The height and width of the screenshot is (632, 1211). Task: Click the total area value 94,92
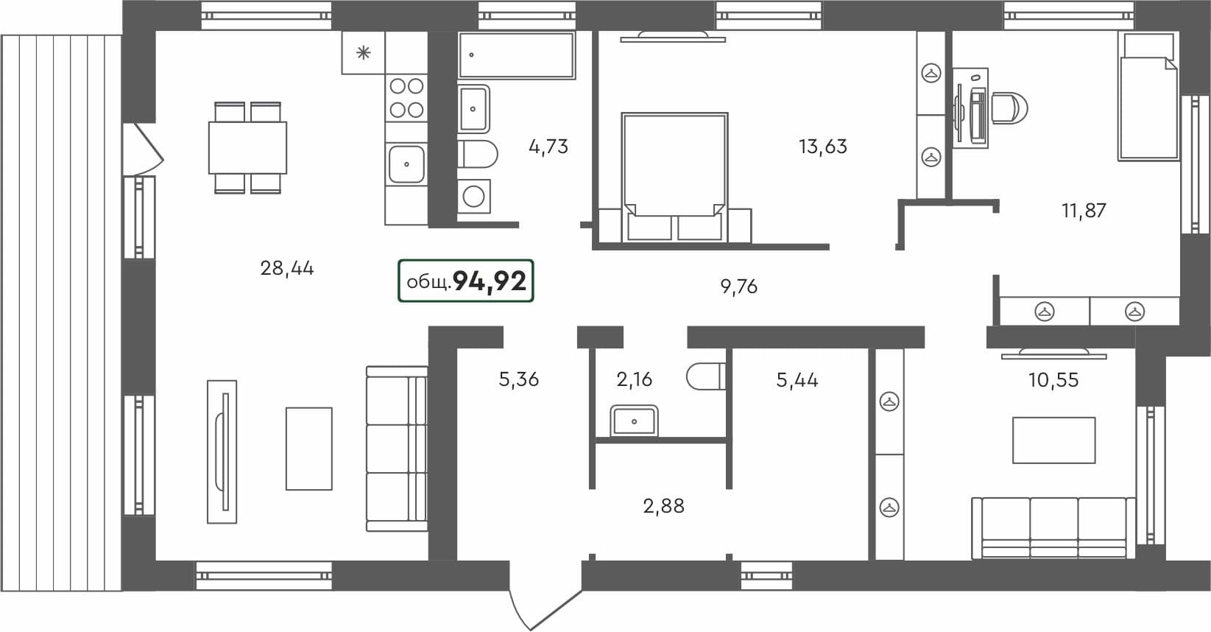[490, 281]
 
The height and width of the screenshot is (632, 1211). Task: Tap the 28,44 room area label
[287, 268]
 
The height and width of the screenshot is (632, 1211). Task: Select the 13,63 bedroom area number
[822, 147]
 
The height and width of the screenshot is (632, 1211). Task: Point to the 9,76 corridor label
[738, 287]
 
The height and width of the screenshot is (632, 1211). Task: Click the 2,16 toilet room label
[634, 379]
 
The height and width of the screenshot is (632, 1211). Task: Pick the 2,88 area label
[663, 506]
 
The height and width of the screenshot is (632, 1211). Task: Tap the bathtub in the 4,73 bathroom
[516, 55]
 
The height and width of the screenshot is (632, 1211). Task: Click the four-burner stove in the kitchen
[406, 98]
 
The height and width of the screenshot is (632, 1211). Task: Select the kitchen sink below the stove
[406, 164]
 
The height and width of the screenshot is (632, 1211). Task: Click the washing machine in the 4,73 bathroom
[473, 196]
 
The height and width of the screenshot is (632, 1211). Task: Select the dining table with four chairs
[247, 147]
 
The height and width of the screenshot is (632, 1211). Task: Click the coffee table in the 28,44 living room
[308, 448]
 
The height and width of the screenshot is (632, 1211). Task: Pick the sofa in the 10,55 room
[1053, 527]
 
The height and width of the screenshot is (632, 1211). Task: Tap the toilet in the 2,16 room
[705, 377]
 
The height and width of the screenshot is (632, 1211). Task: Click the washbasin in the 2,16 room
[634, 421]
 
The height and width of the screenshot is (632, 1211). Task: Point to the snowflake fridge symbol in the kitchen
[363, 52]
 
